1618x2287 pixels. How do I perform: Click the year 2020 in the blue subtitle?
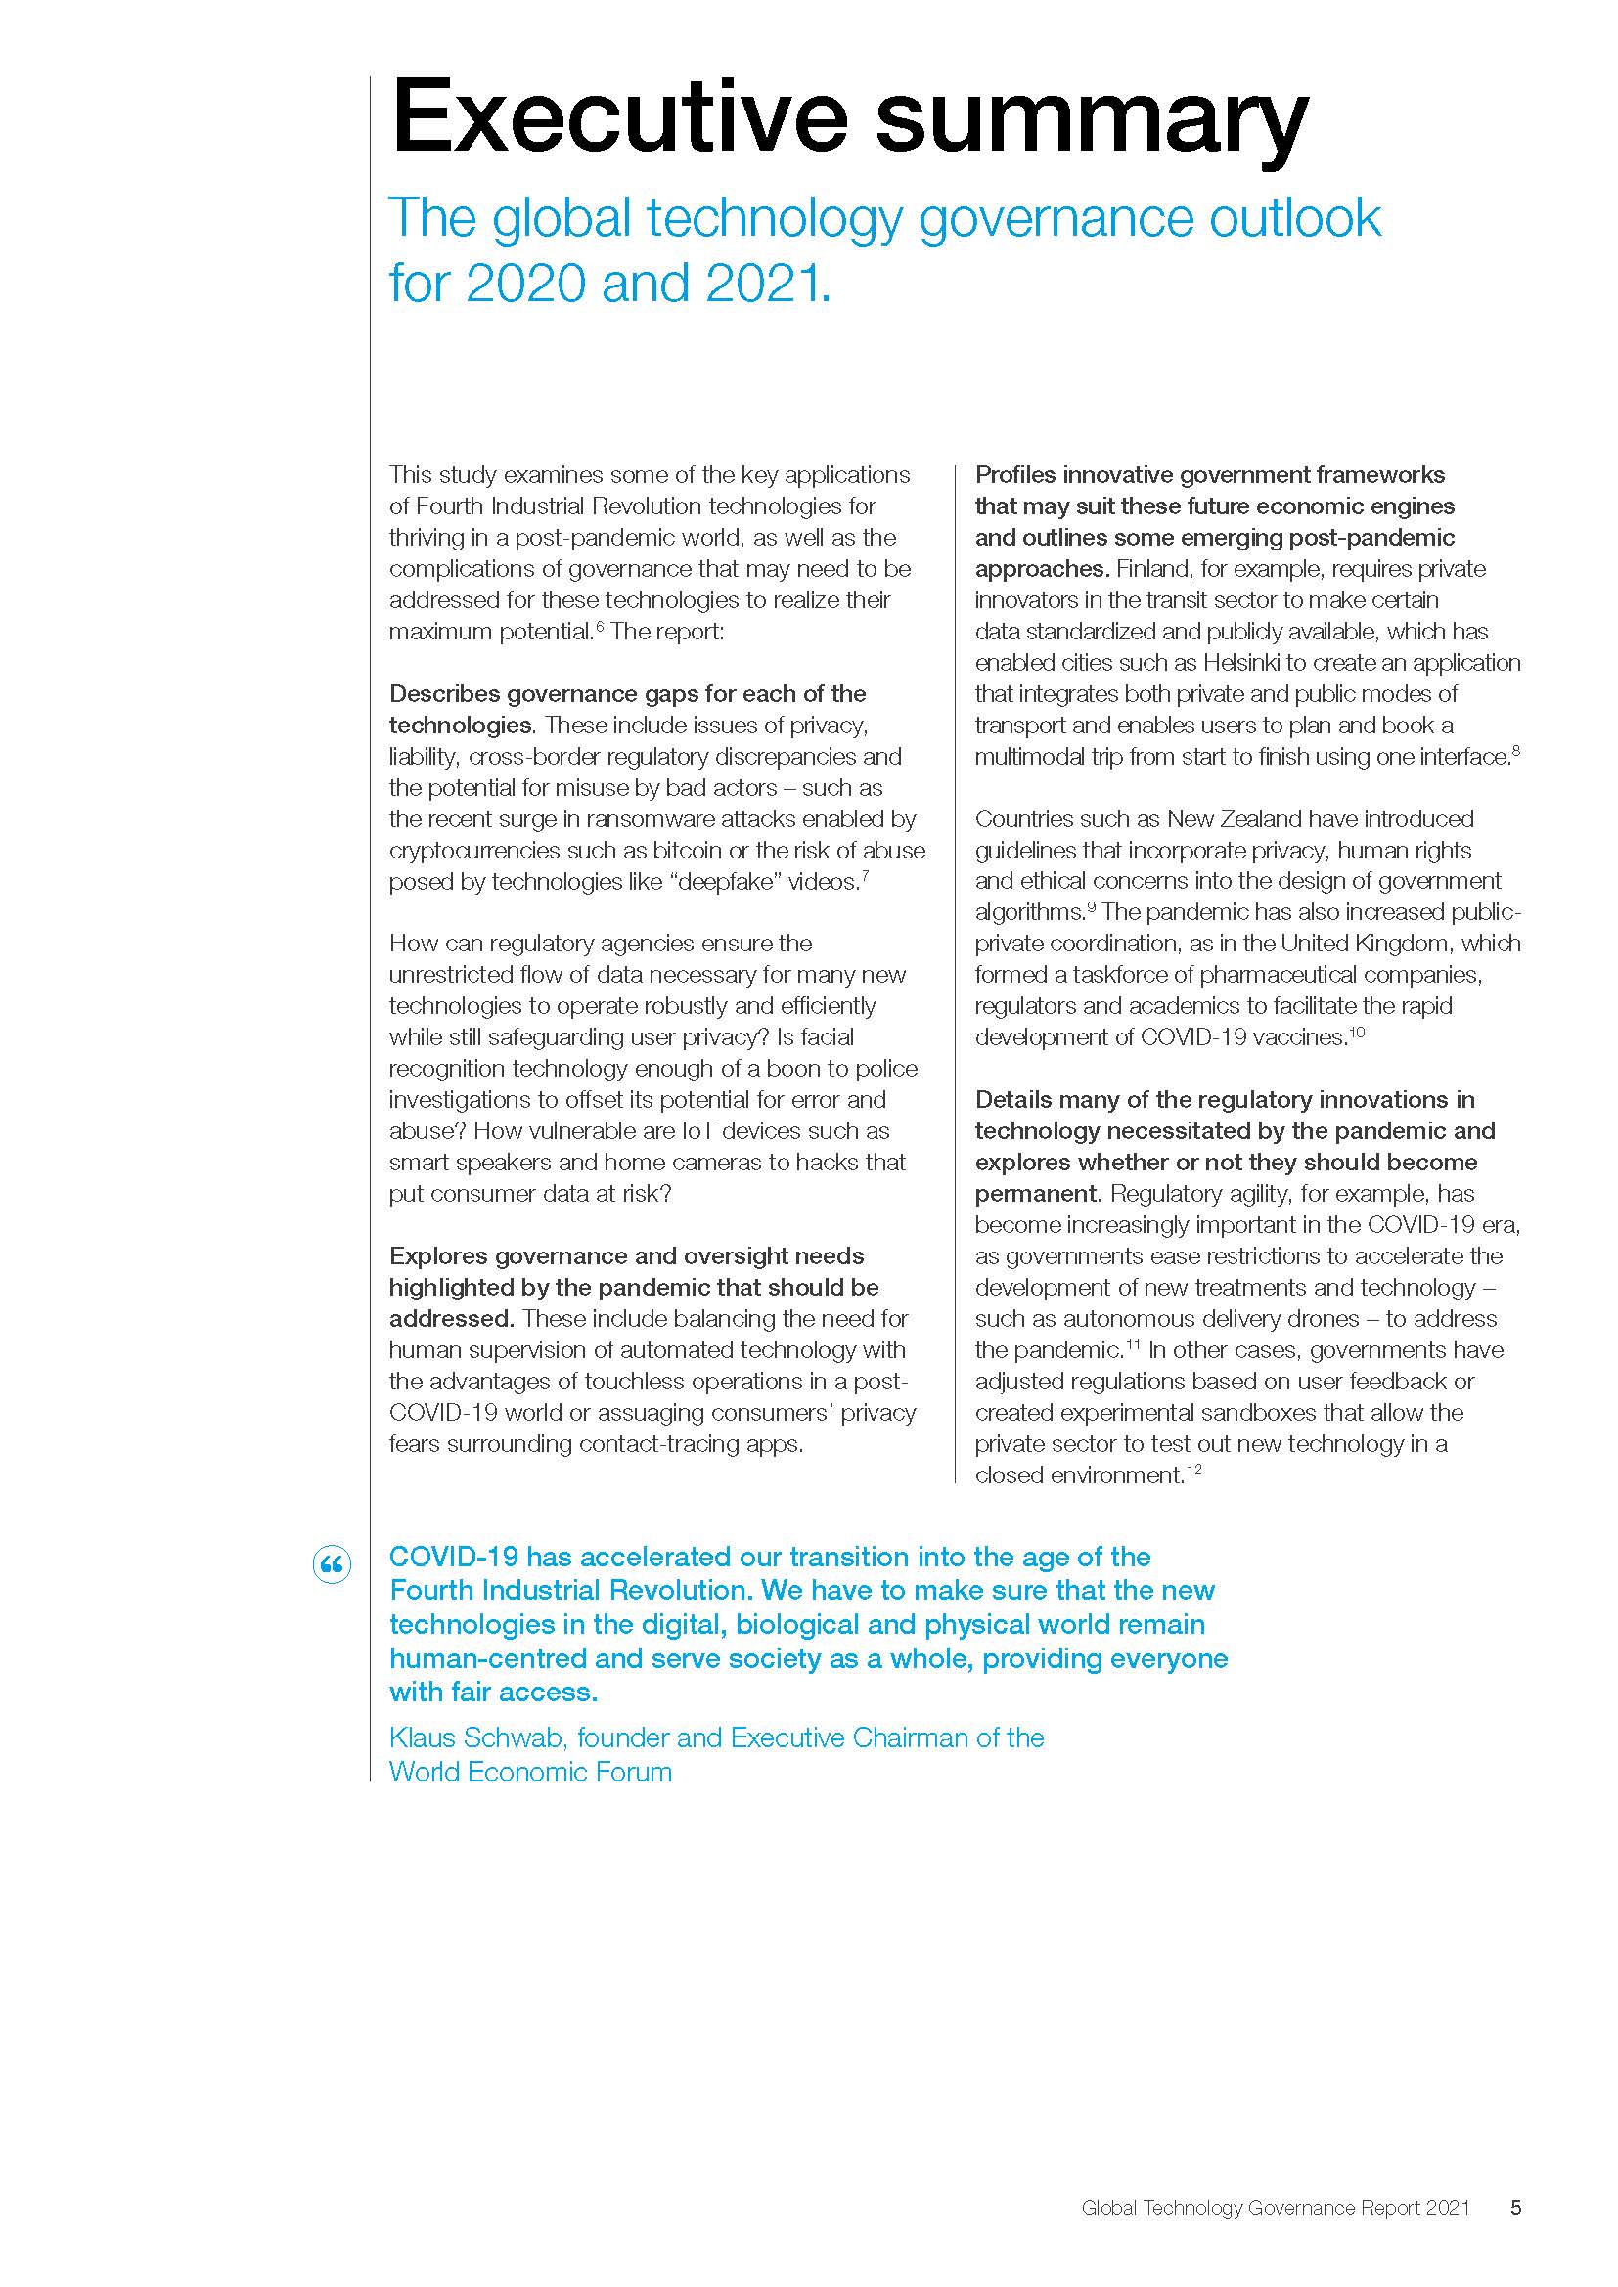[x=524, y=284]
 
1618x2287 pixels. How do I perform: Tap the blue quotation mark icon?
[x=332, y=1564]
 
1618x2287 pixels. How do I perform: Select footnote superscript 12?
[x=1193, y=1470]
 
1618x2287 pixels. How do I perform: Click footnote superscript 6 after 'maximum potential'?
[x=600, y=626]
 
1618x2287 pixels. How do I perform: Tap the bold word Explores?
[x=438, y=1256]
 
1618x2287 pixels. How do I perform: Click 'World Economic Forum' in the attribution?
[x=530, y=1772]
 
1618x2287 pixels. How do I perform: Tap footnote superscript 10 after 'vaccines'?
[x=1356, y=1032]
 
